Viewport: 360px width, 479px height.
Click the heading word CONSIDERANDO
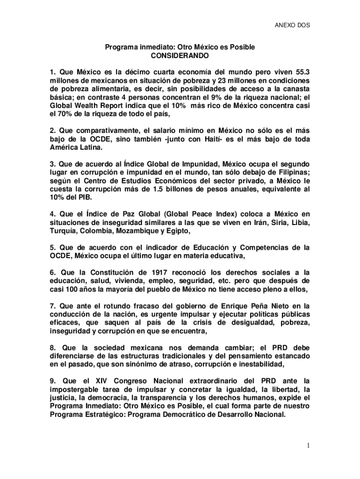click(x=180, y=56)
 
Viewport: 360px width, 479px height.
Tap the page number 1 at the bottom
click(x=308, y=446)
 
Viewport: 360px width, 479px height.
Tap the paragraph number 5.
click(x=52, y=247)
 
